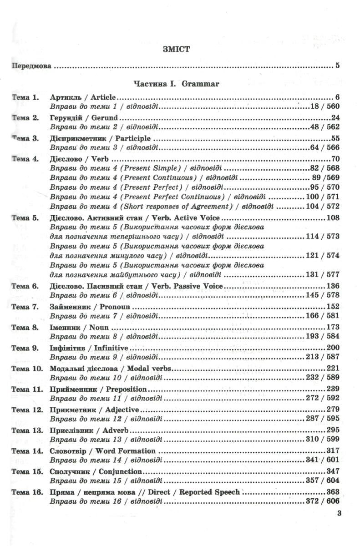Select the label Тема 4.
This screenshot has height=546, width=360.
[x=25, y=159]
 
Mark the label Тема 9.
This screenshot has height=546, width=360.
[x=25, y=348]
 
